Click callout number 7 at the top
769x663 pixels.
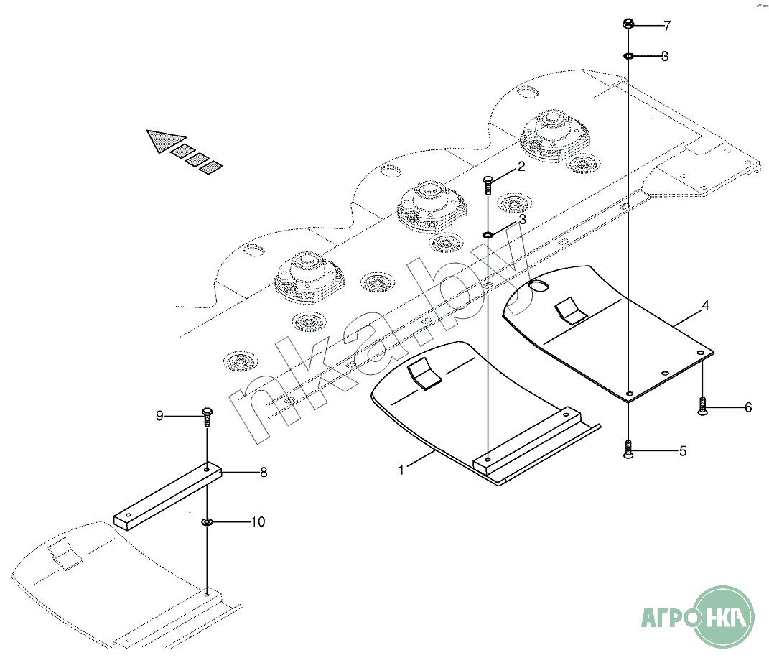pyautogui.click(x=667, y=26)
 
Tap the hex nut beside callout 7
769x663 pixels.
pyautogui.click(x=628, y=24)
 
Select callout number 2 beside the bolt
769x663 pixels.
pyautogui.click(x=521, y=167)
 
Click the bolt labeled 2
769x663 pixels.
pyautogui.click(x=488, y=185)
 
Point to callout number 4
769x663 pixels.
pyautogui.click(x=705, y=305)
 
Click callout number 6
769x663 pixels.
pyautogui.click(x=748, y=407)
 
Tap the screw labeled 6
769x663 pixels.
pyautogui.click(x=702, y=407)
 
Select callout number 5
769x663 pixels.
pyautogui.click(x=683, y=451)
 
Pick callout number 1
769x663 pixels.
pyautogui.click(x=401, y=470)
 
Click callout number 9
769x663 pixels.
pyautogui.click(x=159, y=416)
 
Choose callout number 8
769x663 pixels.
pyautogui.click(x=264, y=472)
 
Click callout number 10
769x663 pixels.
pyautogui.click(x=258, y=521)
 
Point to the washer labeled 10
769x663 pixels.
pyautogui.click(x=207, y=521)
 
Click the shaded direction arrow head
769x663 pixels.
pyautogui.click(x=164, y=140)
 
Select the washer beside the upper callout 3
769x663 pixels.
pyautogui.click(x=628, y=57)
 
